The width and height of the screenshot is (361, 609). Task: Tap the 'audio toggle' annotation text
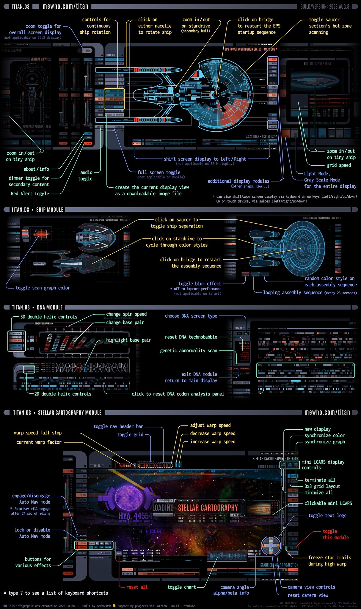click(x=85, y=175)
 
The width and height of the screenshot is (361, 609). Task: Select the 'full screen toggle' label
click(x=159, y=172)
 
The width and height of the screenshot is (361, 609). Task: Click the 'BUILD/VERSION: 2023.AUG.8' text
click(x=325, y=7)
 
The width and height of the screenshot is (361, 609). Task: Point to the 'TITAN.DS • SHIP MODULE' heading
click(x=37, y=210)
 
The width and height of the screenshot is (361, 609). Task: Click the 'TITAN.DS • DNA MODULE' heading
click(x=37, y=307)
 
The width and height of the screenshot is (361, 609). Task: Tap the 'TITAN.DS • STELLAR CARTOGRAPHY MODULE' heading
click(x=57, y=412)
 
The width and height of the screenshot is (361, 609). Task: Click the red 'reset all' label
click(x=137, y=587)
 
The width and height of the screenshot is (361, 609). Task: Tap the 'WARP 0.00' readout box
click(x=124, y=466)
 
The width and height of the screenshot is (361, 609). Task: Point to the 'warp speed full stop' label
click(x=38, y=433)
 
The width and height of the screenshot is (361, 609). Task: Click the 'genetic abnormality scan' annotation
click(x=189, y=351)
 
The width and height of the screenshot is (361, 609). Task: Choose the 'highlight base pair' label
click(x=128, y=340)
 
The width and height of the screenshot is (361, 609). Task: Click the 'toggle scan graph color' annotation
click(x=43, y=288)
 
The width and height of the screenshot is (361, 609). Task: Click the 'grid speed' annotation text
click(x=339, y=165)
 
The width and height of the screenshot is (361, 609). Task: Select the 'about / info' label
click(x=36, y=169)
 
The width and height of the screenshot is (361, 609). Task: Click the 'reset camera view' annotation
click(x=308, y=595)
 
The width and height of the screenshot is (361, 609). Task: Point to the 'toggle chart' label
click(x=182, y=587)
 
